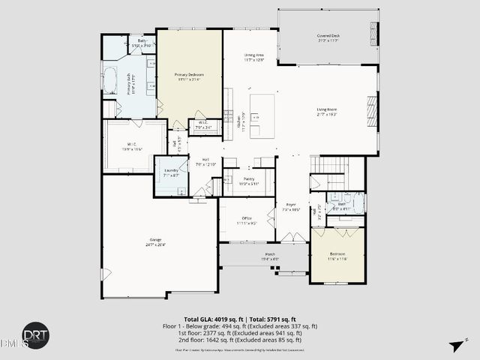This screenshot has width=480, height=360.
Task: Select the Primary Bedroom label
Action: [189, 77]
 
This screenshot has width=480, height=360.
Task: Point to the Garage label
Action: [155, 242]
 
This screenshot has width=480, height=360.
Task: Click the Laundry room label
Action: [170, 172]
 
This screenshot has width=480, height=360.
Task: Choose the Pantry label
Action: [248, 181]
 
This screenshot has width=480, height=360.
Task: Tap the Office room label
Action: [247, 220]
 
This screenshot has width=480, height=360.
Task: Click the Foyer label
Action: [291, 207]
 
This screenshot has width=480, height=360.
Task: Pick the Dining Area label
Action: [254, 57]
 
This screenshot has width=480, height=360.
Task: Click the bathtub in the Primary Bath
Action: [109, 79]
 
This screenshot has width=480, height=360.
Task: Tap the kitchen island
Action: [263, 115]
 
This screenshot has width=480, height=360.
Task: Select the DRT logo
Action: [29, 334]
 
